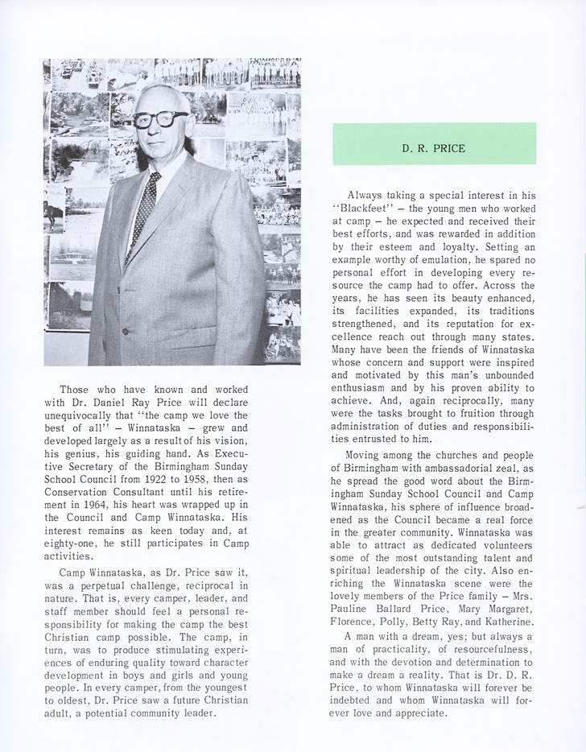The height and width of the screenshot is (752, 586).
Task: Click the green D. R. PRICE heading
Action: [434, 147]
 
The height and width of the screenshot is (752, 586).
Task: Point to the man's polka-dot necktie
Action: [145, 205]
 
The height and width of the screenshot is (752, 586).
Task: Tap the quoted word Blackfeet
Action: [365, 209]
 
